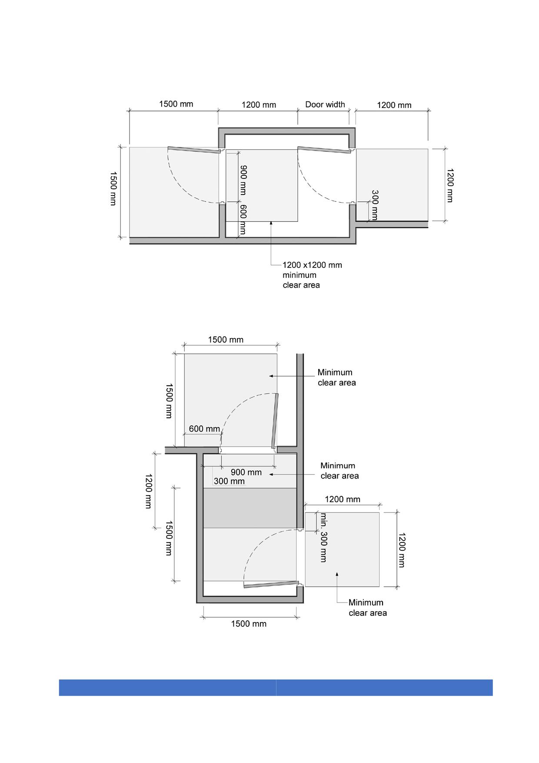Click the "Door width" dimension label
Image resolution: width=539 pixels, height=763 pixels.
(x=325, y=104)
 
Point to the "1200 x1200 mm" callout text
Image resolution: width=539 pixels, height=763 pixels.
(x=312, y=265)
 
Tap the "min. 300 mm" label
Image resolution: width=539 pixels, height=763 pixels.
(x=323, y=538)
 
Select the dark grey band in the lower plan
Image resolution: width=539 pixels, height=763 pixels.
(x=250, y=508)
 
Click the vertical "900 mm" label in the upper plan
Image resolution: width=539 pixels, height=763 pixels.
(x=243, y=180)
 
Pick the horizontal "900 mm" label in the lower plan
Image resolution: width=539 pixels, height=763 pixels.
(x=246, y=472)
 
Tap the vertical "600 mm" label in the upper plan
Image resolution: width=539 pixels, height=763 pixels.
(x=243, y=220)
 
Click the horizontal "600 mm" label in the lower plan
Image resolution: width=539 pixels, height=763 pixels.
(x=204, y=429)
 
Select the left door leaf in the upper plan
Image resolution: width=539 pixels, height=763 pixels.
(x=194, y=150)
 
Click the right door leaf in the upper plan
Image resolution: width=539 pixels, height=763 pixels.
(x=324, y=150)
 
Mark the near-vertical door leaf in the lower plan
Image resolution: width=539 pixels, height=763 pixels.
(x=275, y=421)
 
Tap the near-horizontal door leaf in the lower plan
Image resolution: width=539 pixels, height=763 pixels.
(x=272, y=584)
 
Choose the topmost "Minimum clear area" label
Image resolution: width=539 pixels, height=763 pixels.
(x=336, y=378)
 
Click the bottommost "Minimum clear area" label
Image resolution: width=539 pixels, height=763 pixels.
(x=368, y=608)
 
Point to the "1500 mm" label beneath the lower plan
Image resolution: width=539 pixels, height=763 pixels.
(x=249, y=624)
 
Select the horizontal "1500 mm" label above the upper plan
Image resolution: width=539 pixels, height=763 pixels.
(x=176, y=104)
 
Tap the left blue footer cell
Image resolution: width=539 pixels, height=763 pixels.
(x=167, y=687)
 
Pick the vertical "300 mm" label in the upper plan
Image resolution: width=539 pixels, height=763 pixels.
(x=374, y=204)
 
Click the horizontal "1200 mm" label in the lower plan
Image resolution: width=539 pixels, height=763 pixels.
(x=343, y=499)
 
